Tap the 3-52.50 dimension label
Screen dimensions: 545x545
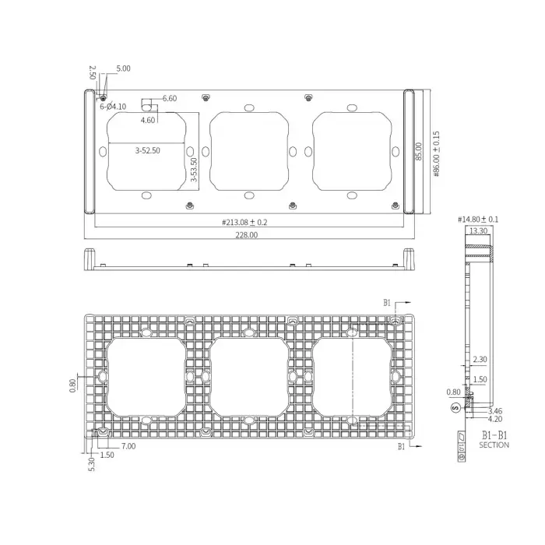click(148, 151)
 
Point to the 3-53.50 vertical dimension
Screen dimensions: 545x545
click(194, 170)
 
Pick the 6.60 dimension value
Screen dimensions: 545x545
click(170, 98)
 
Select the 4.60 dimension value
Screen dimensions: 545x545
click(148, 120)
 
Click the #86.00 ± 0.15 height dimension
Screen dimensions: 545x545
click(437, 153)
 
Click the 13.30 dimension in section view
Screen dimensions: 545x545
click(479, 230)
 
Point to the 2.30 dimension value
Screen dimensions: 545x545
click(480, 360)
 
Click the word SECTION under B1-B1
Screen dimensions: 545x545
click(494, 445)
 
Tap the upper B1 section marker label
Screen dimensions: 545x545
click(388, 302)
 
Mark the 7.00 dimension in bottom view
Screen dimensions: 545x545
click(128, 446)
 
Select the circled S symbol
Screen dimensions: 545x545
click(455, 407)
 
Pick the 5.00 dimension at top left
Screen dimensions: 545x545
click(123, 69)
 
